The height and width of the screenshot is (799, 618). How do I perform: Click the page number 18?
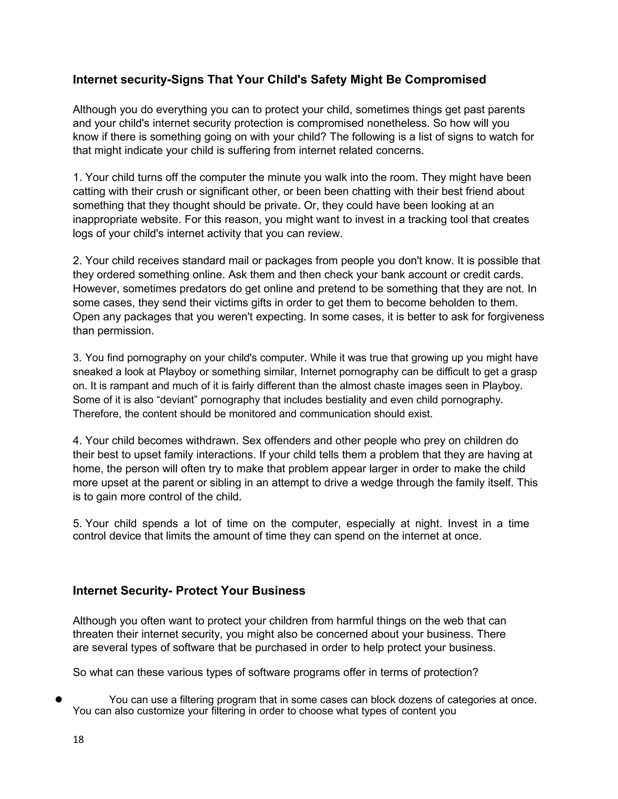78,739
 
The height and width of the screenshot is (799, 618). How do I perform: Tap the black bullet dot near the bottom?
58,700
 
